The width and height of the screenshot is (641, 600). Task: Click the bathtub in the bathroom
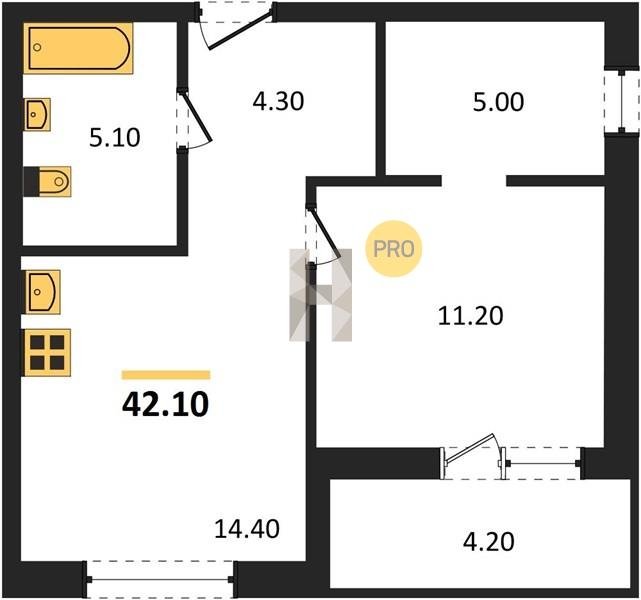pyautogui.click(x=78, y=48)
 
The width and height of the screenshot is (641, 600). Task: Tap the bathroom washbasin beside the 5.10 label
pyautogui.click(x=38, y=114)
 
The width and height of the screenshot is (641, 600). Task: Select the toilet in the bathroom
pyautogui.click(x=47, y=181)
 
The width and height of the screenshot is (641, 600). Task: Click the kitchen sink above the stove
pyautogui.click(x=43, y=292)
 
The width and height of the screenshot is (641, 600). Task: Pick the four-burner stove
pyautogui.click(x=47, y=353)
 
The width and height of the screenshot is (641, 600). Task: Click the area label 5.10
pyautogui.click(x=115, y=138)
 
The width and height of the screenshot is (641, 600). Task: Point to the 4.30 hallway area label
pyautogui.click(x=278, y=101)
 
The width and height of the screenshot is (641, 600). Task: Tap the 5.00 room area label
pyautogui.click(x=498, y=102)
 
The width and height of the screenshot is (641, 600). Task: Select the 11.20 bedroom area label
pyautogui.click(x=470, y=316)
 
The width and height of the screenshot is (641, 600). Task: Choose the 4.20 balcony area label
pyautogui.click(x=489, y=542)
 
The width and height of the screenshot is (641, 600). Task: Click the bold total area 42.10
pyautogui.click(x=166, y=404)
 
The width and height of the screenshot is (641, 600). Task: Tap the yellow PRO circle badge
pyautogui.click(x=394, y=249)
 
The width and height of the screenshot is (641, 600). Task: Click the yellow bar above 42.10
pyautogui.click(x=166, y=375)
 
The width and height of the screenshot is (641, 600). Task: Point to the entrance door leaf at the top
pyautogui.click(x=240, y=31)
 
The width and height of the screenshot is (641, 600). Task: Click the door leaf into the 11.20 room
pyautogui.click(x=326, y=233)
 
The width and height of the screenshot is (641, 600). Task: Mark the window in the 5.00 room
pyautogui.click(x=622, y=101)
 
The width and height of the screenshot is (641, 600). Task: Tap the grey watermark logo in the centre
pyautogui.click(x=320, y=295)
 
